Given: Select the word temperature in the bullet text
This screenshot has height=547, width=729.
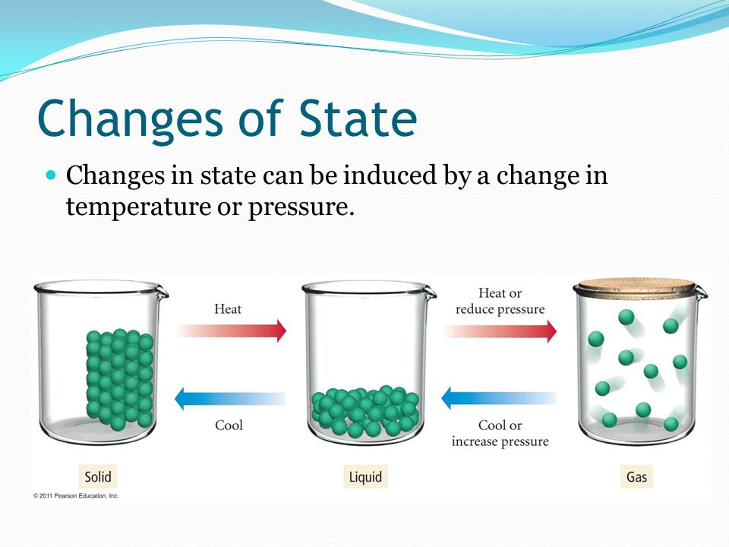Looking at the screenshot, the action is point(138,207).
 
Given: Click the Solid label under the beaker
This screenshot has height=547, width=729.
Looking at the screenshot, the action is point(98,477).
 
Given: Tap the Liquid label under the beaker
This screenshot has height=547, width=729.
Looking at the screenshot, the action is point(365,477).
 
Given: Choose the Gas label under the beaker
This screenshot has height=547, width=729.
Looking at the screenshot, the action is point(636,477).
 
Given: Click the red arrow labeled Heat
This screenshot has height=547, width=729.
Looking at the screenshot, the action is point(232,330).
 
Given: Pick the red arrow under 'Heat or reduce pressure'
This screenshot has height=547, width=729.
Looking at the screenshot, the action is point(500,331).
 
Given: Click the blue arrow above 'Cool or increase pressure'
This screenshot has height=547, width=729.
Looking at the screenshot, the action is point(498,398).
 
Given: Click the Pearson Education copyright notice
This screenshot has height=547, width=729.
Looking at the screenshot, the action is point(76,496).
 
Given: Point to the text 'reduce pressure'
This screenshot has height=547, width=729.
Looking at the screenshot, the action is point(500,309).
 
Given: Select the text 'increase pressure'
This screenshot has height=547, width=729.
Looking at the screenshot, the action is point(500,441).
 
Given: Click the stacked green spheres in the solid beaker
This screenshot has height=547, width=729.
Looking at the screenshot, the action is point(119,378).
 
